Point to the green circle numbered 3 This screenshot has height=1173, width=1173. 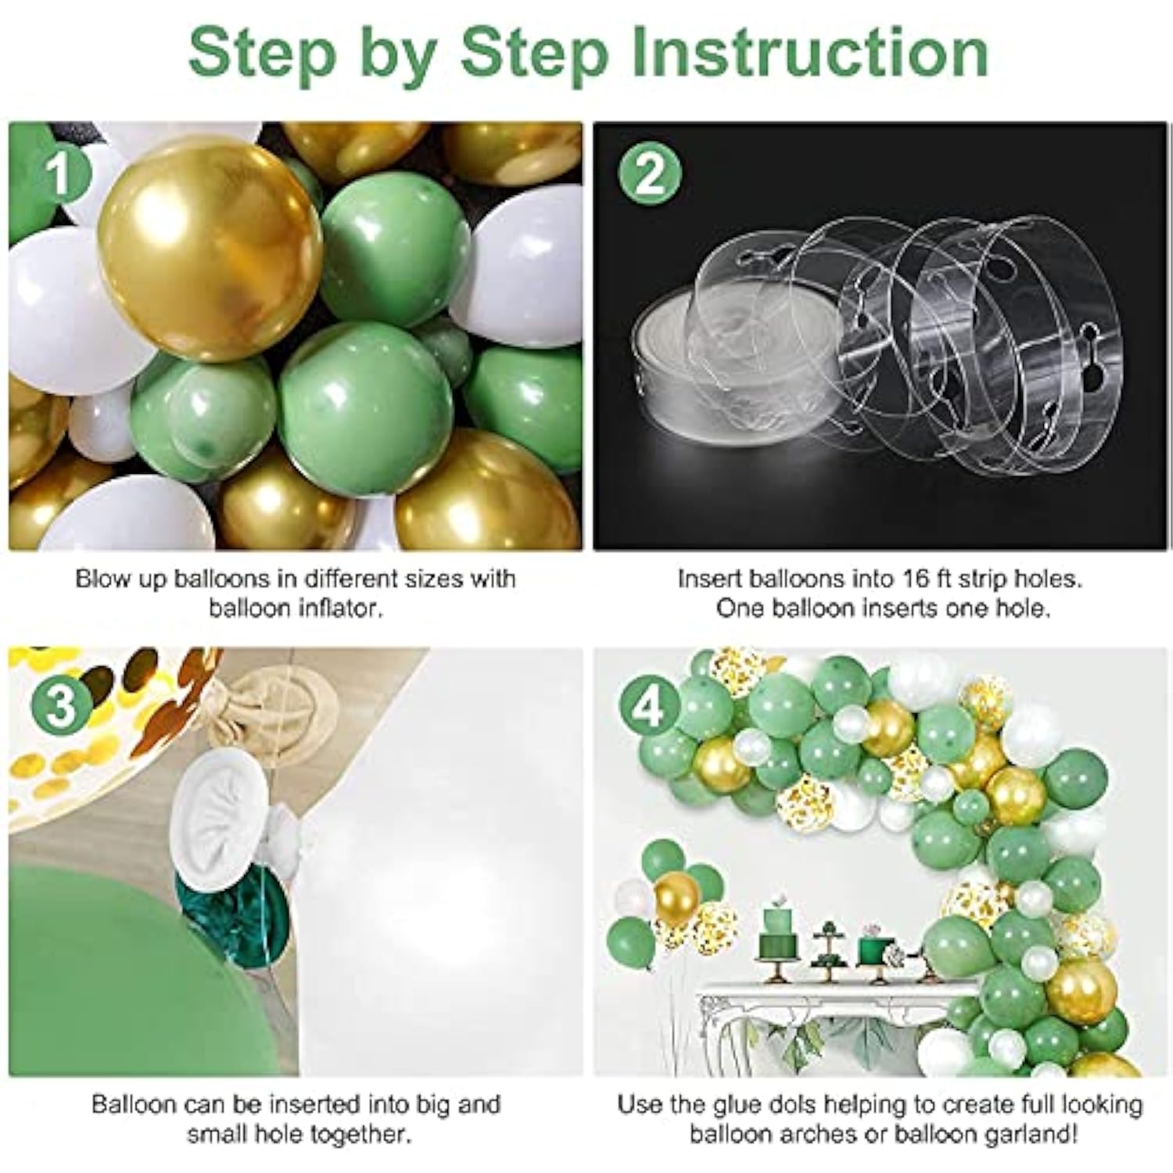click(x=60, y=706)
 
